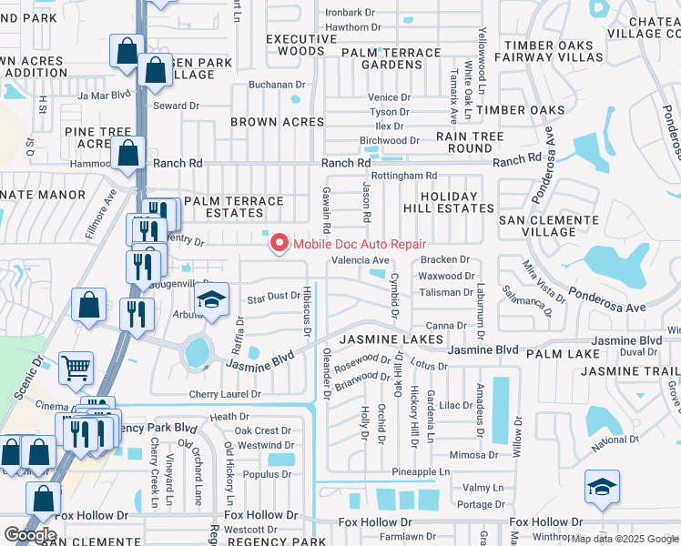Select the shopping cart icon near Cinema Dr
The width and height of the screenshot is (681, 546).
point(76,368)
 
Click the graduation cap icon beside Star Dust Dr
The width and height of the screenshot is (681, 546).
point(211,299)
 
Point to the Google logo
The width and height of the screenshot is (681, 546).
point(30,535)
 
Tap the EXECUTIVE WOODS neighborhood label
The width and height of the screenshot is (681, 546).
point(301,45)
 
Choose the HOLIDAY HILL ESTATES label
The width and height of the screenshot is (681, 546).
point(448,202)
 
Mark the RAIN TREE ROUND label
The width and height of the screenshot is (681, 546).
point(470,142)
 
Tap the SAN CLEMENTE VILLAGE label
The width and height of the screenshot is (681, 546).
point(537,226)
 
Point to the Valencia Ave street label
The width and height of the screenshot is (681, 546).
point(360,260)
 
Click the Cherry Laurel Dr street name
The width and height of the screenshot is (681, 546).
point(225,394)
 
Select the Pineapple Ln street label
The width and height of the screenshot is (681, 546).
point(422,471)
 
